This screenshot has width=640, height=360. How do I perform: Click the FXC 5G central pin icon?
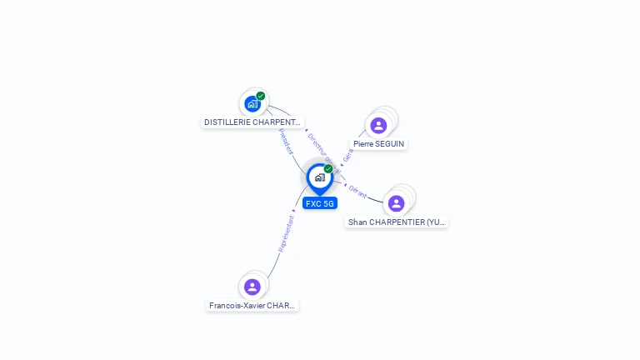tap(319, 177)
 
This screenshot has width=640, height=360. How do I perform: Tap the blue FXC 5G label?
tap(320, 203)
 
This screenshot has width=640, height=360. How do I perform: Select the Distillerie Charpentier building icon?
tap(252, 104)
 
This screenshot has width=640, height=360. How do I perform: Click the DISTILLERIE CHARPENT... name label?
tap(252, 122)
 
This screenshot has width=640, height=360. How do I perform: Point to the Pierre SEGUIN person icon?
tap(378, 126)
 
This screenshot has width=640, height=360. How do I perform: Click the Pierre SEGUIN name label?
tap(378, 144)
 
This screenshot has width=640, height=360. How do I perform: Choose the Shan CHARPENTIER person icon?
tap(396, 203)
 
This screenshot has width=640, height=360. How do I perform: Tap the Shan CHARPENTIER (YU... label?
tap(397, 222)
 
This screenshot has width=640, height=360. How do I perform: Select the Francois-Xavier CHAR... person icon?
tap(252, 287)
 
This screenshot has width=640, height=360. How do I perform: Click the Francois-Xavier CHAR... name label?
tap(252, 306)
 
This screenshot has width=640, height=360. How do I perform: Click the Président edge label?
tap(286, 142)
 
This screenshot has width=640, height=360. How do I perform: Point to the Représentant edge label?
tap(287, 234)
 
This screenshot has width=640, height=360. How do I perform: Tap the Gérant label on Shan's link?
tap(358, 191)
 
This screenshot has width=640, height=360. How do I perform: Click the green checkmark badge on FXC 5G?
tap(328, 169)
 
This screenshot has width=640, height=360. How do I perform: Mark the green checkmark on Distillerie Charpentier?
tap(261, 96)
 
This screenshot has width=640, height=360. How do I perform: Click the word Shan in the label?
tap(357, 222)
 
